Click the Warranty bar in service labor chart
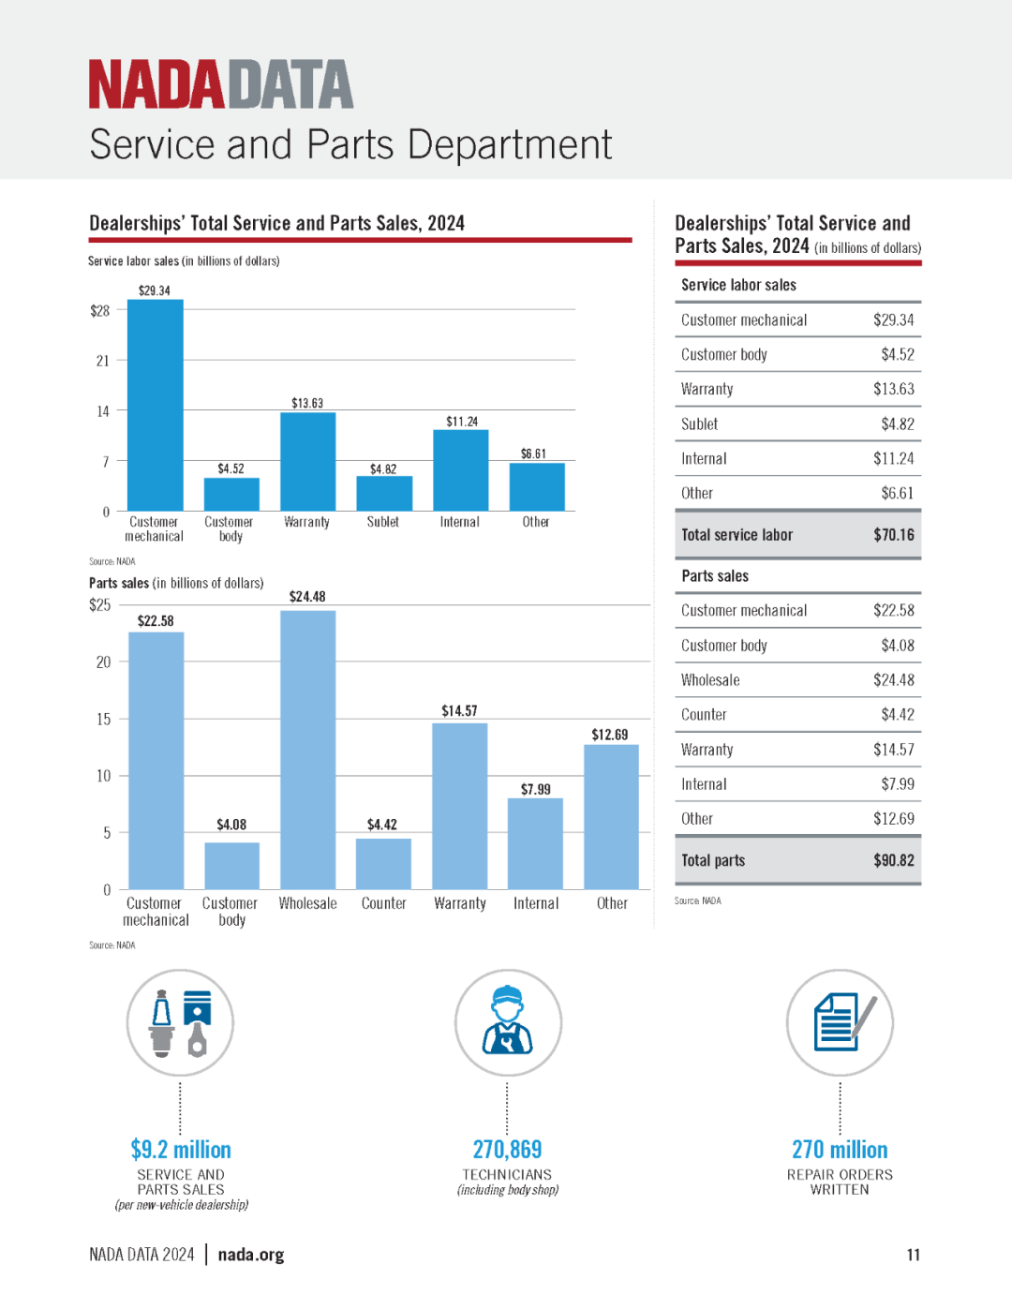coord(307,461)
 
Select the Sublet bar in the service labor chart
coord(384,494)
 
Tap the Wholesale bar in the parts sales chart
coord(307,750)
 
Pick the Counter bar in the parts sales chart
coord(384,864)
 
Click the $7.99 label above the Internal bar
coord(536,789)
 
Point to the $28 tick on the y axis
coord(100,311)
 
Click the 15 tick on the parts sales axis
coord(104,719)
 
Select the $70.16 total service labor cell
coord(894,535)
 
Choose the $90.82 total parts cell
coord(894,860)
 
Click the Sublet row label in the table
coord(699,424)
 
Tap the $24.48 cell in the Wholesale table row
coord(894,680)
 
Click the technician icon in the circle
coord(508,1021)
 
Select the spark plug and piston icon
coord(180,1023)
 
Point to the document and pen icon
coord(845,1022)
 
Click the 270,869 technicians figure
coord(507,1150)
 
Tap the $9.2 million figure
coord(181,1150)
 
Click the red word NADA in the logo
coord(156,83)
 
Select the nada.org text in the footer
coord(251,1255)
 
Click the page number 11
coord(914,1255)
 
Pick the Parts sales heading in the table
coord(715,576)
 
